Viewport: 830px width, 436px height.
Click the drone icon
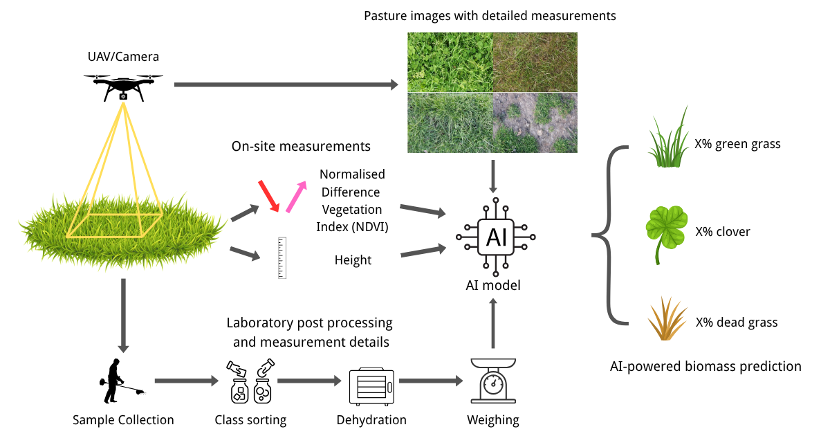point(123,87)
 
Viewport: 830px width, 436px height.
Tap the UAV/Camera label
point(123,57)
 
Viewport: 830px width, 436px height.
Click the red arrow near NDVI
point(268,196)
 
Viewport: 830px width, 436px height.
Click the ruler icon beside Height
point(282,257)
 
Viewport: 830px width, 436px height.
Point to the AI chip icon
point(496,237)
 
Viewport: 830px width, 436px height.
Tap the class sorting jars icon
point(250,382)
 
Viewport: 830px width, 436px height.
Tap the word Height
point(353,260)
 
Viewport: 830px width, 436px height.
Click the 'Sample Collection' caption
point(123,420)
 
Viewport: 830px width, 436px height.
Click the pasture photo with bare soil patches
point(534,122)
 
